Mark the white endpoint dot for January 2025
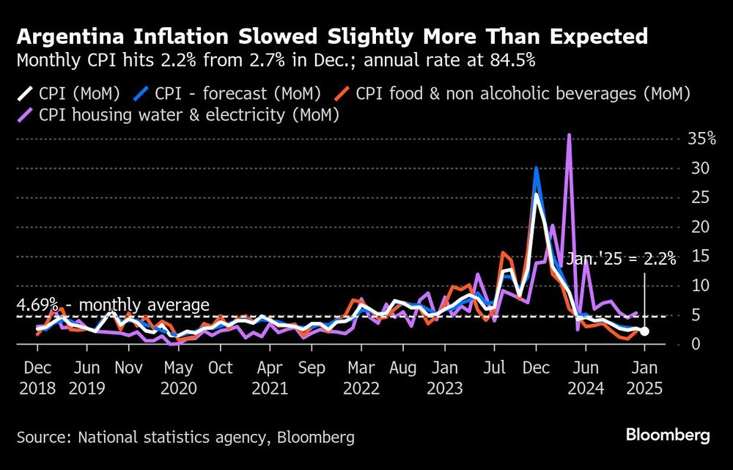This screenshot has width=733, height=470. [x=644, y=331]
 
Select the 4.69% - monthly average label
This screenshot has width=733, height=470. [x=114, y=305]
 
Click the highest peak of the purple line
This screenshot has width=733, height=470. [x=569, y=135]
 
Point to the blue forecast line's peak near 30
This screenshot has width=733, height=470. [x=537, y=169]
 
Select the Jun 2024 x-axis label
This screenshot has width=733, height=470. [x=585, y=377]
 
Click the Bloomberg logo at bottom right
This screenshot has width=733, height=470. [x=668, y=436]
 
